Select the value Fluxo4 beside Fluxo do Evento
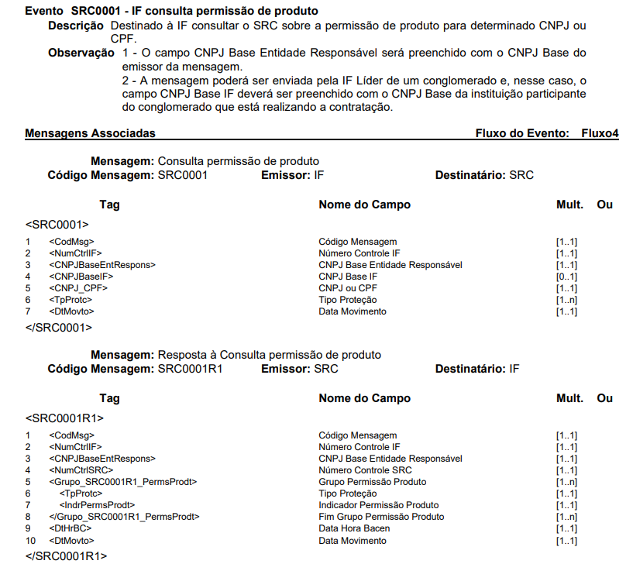click(x=600, y=133)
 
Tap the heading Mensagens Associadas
click(x=90, y=133)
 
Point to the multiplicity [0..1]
click(x=566, y=277)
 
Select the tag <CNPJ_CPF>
click(x=77, y=288)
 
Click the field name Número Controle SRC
click(x=365, y=470)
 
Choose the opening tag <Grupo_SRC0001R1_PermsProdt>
click(x=122, y=482)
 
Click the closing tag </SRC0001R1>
click(x=66, y=555)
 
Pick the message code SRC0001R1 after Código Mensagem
click(x=190, y=369)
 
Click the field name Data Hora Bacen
click(x=354, y=528)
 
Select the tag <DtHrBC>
click(x=69, y=528)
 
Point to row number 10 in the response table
click(x=31, y=540)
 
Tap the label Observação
click(x=81, y=53)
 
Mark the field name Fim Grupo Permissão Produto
click(x=381, y=517)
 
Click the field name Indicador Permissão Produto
click(x=379, y=505)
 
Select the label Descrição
click(x=76, y=26)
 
